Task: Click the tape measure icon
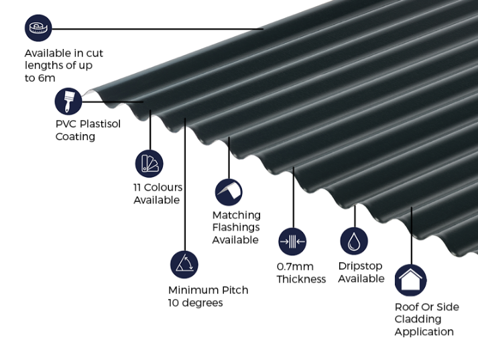38,28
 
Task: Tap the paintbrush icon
68,101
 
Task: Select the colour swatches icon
149,164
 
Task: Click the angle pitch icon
184,265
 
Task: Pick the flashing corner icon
229,192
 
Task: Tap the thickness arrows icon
292,241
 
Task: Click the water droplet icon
354,241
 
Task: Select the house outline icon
411,280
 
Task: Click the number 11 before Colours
137,187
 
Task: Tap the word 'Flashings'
236,227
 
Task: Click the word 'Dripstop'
360,266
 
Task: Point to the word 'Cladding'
418,319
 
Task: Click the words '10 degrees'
195,303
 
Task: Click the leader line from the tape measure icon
158,29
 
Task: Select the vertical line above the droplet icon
355,216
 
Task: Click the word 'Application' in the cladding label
424,332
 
